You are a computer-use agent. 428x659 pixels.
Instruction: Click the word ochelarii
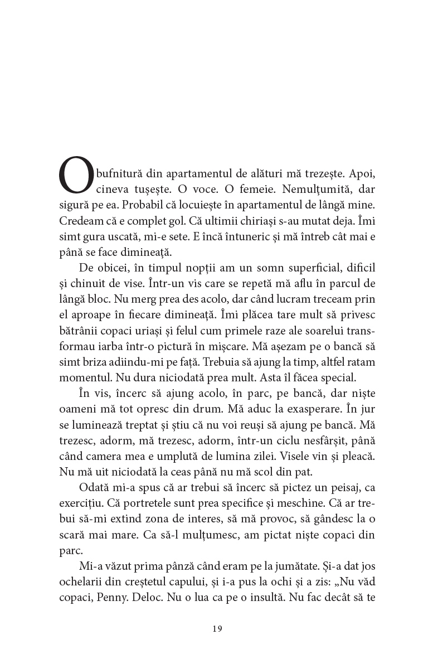80,583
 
